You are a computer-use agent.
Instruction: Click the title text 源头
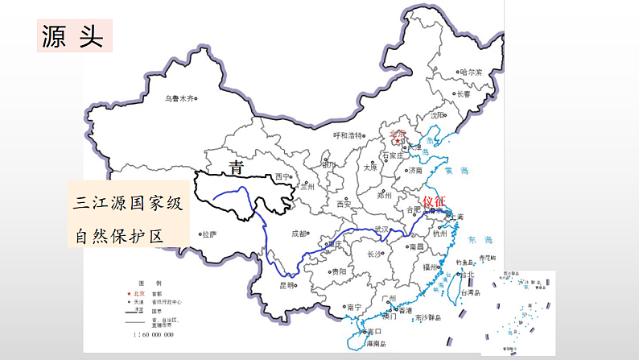pos(72,36)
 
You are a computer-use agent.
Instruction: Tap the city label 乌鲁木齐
pos(179,98)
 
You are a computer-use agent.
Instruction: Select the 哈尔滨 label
pos(470,72)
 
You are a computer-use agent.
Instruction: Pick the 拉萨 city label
pos(209,234)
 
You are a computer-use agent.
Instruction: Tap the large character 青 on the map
pos(236,168)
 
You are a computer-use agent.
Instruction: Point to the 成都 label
pos(299,234)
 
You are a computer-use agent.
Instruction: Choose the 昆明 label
pos(287,285)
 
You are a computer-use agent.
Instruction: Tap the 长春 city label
pos(464,93)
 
